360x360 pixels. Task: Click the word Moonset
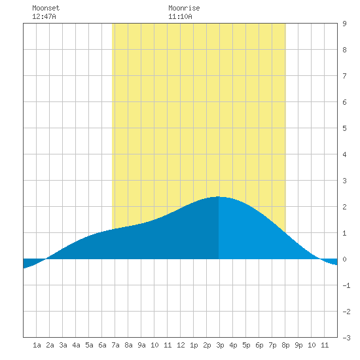[46, 8]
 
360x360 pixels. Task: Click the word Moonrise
[184, 8]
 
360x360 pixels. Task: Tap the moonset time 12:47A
[44, 16]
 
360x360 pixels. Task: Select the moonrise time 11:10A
[180, 16]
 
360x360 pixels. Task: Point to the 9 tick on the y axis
[344, 24]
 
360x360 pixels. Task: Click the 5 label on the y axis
[344, 128]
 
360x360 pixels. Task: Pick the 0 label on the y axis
[344, 259]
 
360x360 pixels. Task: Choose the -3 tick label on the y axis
[346, 338]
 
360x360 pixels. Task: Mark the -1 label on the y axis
[346, 285]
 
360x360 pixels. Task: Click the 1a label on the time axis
[37, 345]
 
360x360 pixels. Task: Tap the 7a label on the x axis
[115, 345]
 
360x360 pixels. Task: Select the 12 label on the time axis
[181, 345]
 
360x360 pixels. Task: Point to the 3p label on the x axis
[220, 345]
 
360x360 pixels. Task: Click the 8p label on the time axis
[285, 345]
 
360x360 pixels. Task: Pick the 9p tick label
[298, 345]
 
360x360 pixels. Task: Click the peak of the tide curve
[218, 197]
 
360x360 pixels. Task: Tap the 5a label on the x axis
[89, 345]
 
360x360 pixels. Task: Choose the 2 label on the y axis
[344, 207]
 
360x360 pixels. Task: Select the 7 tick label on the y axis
[344, 76]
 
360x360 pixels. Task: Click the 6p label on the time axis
[259, 345]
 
